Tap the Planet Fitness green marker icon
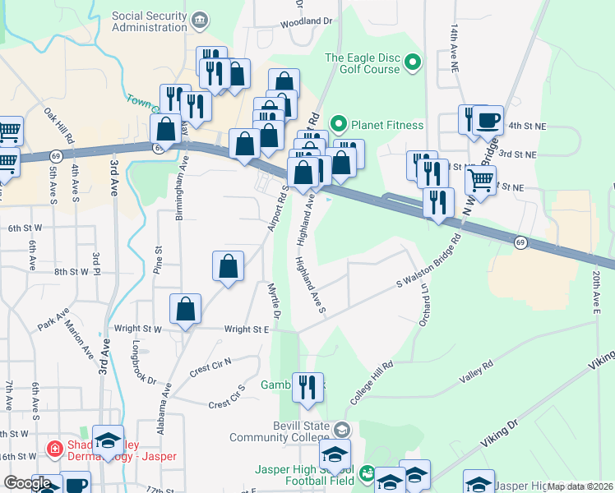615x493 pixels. (337, 125)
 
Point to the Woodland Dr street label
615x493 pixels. (309, 23)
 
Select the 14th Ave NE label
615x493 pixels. (453, 45)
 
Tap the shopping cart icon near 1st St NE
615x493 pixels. (480, 179)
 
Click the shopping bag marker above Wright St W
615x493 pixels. (186, 310)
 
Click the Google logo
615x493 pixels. (28, 483)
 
